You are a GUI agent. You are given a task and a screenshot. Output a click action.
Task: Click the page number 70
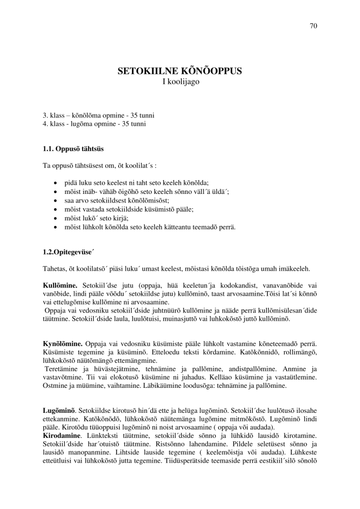point(314,26)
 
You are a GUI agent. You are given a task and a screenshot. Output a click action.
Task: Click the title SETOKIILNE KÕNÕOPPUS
point(180,71)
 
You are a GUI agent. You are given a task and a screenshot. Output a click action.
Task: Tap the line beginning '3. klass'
point(99,116)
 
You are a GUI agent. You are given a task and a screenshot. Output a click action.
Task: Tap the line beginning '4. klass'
point(97,124)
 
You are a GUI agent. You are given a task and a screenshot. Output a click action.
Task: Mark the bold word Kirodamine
point(62,436)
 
